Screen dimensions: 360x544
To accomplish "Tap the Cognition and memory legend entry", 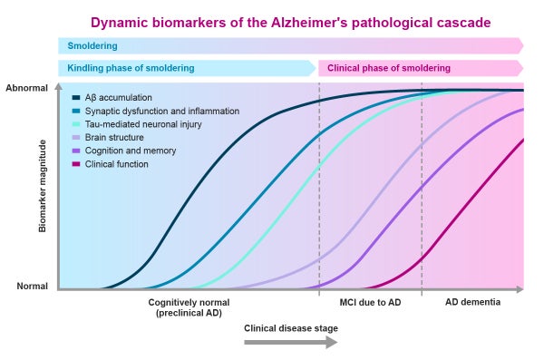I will (x=130, y=151).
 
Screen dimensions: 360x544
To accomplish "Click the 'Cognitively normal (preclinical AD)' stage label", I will (x=189, y=307).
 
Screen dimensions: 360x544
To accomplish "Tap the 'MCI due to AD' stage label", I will (x=370, y=302).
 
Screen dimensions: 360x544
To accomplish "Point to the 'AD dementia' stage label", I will (x=471, y=302).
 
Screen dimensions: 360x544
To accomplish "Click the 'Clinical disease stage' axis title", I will (x=290, y=328).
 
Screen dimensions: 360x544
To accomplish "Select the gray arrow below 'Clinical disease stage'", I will (x=290, y=343).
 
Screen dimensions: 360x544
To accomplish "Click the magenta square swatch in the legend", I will (x=76, y=164).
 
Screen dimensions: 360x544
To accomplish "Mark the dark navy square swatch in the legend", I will (x=76, y=97).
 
